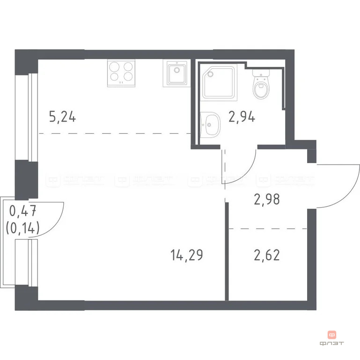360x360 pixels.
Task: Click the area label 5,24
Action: tap(62, 116)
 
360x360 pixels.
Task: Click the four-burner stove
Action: tap(121, 73)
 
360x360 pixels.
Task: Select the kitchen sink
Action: tap(176, 73)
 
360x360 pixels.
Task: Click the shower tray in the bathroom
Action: tap(219, 81)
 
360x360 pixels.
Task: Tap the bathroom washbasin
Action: tap(210, 125)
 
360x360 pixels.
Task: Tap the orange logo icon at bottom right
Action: tap(332, 335)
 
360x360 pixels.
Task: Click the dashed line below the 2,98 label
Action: tap(267, 229)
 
